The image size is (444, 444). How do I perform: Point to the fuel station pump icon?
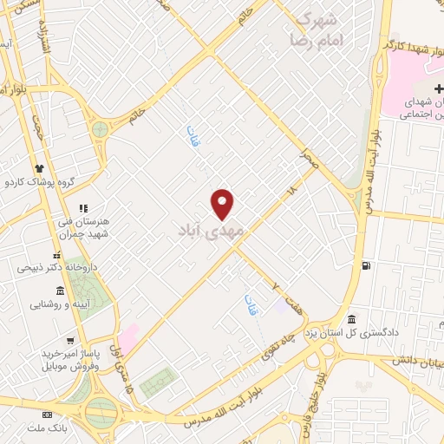tap(366, 265)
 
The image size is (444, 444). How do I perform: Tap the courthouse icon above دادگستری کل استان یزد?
tap(352, 318)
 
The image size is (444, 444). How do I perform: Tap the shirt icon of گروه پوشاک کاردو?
tap(39, 167)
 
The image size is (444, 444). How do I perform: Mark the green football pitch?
tap(157, 382)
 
